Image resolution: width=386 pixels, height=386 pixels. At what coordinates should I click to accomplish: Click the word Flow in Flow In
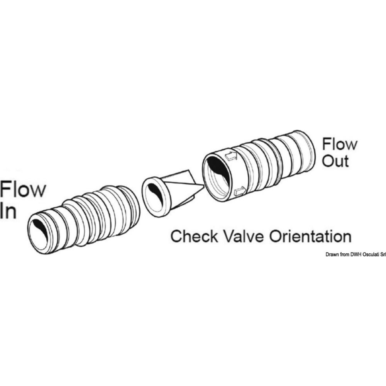[x=23, y=190]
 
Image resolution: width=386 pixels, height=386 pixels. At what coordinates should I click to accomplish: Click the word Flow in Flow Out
[x=340, y=145]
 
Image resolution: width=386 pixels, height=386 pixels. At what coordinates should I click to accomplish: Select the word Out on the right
[x=335, y=161]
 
